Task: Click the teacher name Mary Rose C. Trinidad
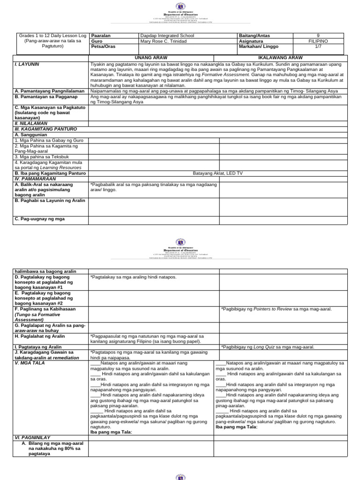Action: click(x=164, y=41)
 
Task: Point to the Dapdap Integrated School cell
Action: click(x=167, y=36)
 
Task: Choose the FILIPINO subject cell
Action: click(x=319, y=41)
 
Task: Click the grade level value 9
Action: click(x=319, y=36)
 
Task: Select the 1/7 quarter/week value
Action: click(x=319, y=47)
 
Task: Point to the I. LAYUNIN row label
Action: click(x=27, y=63)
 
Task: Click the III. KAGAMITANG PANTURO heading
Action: click(x=45, y=128)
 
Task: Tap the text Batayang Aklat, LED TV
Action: click(x=216, y=173)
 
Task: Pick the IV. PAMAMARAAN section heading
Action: click(x=37, y=178)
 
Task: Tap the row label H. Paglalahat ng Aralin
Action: click(x=40, y=337)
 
